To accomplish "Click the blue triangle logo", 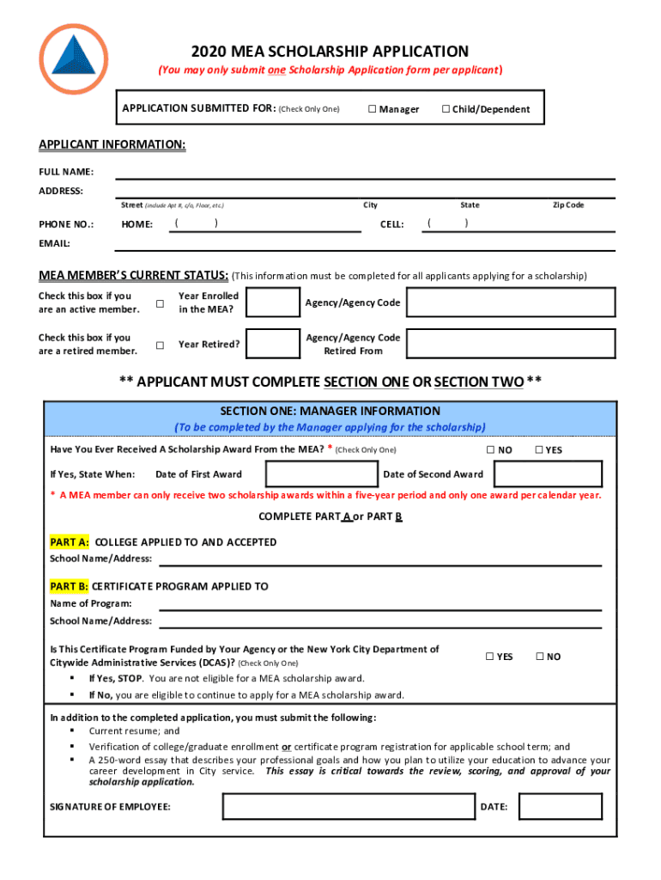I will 74,58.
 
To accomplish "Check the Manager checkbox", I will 373,109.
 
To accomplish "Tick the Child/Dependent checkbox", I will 446,109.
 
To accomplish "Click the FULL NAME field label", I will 66,172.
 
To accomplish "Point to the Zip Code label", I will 567,205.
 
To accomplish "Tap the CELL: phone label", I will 391,224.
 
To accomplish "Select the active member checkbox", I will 160,303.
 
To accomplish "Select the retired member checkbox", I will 160,345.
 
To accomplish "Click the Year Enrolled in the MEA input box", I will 273,303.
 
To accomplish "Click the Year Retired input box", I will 273,345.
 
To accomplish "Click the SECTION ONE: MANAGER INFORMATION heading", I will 330,412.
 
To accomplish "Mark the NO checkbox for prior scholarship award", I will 491,450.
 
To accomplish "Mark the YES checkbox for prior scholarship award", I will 539,450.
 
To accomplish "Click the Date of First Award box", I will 322,474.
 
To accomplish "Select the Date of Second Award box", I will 548,474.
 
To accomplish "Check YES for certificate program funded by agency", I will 490,657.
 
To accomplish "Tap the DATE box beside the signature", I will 561,807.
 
